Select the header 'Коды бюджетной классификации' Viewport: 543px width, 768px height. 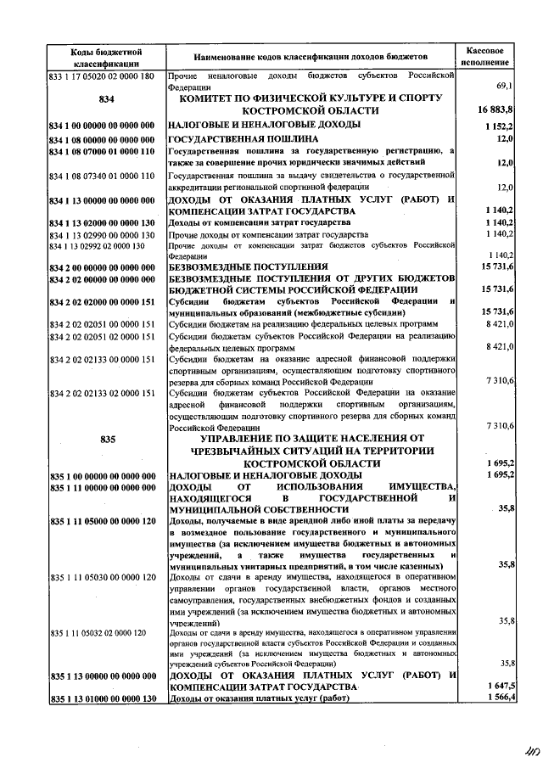[107, 57]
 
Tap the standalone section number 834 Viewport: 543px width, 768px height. [107, 99]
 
